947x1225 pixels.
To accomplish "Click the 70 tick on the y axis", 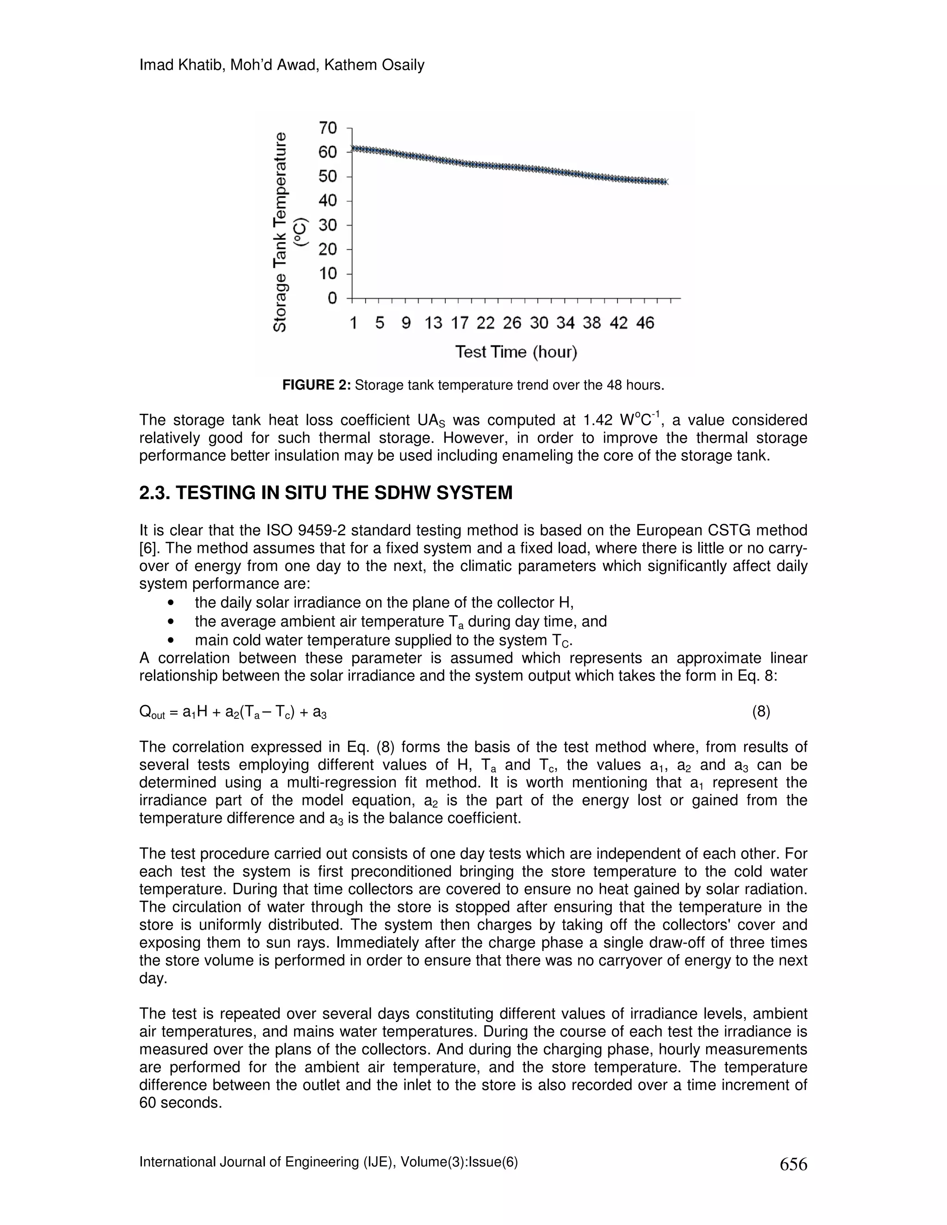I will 328,129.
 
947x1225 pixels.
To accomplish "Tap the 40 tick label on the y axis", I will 328,201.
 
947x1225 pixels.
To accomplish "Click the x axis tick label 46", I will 645,323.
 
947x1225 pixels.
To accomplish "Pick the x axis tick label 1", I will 353,323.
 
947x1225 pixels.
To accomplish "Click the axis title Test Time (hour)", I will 516,352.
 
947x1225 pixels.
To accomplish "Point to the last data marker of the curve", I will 665,182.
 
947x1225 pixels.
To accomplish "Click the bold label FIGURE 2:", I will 316,386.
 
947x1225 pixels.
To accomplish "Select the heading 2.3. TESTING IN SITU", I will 326,493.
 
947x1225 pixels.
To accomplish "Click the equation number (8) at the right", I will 761,712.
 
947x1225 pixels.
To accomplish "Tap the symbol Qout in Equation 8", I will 152,713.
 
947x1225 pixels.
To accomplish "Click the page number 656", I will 793,1164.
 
